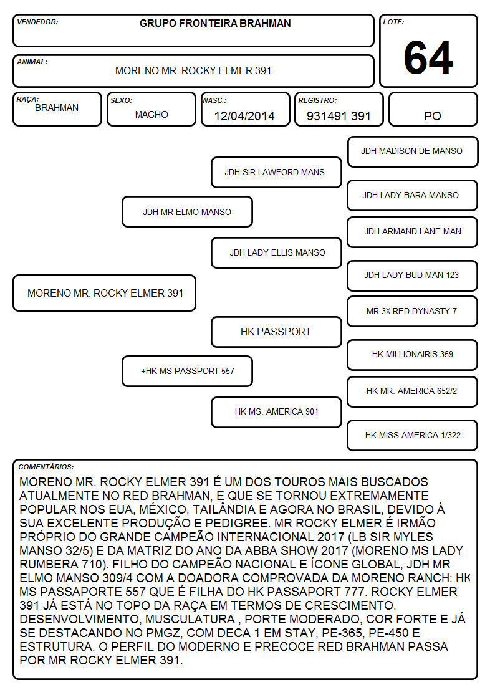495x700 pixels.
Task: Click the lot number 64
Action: coord(428,57)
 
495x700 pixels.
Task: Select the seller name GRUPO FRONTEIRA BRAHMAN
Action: coord(215,23)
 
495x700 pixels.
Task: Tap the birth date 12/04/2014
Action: coord(244,116)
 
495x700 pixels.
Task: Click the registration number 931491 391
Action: coord(339,116)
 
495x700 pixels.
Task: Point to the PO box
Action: coord(433,109)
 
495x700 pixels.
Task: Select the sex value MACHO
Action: coord(151,115)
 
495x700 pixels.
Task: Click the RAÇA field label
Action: coord(27,99)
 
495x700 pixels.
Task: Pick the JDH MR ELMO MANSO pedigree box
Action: coord(187,211)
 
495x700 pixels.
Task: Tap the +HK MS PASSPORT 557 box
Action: coord(187,371)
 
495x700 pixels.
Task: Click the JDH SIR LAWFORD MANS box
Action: coord(276,172)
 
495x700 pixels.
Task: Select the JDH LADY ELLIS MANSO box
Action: coord(276,252)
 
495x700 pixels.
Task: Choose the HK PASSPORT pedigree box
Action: coord(276,332)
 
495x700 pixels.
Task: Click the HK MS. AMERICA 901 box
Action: coord(276,412)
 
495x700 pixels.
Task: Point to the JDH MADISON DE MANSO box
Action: coord(413,152)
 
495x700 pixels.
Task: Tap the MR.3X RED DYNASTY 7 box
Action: coord(413,312)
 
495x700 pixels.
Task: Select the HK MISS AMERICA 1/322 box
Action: coord(413,435)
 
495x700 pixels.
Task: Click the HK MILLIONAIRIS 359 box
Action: coord(413,355)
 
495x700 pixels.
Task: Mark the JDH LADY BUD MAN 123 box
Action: coord(413,276)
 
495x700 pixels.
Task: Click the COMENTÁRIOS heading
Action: coord(46,467)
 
